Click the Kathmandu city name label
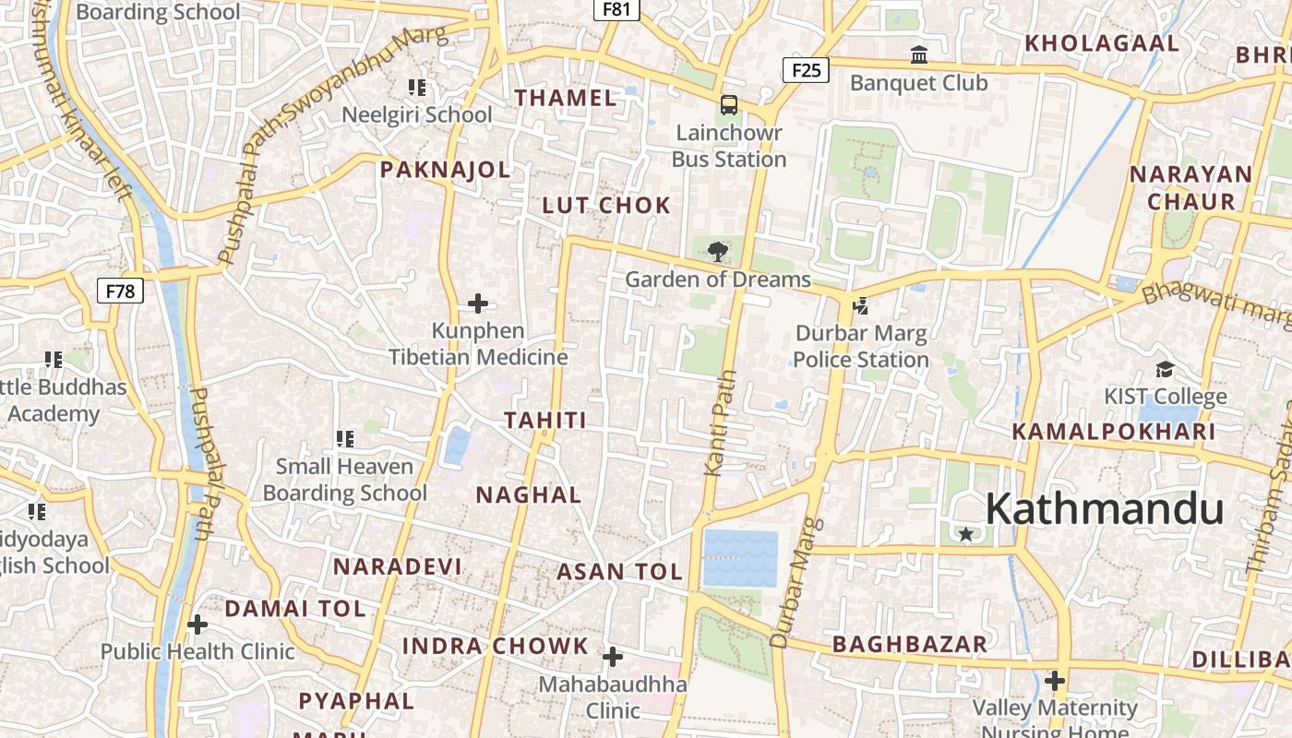(x=1104, y=509)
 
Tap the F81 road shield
(x=616, y=9)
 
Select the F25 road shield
(x=806, y=69)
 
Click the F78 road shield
(x=120, y=292)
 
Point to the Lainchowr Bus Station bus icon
(x=729, y=104)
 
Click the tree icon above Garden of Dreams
(x=717, y=251)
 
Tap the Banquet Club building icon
(x=918, y=55)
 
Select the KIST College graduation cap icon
(x=1165, y=370)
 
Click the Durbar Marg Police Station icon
(x=861, y=305)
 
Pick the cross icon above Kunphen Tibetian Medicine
(x=478, y=303)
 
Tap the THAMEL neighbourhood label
(x=565, y=98)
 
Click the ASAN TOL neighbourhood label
(x=619, y=572)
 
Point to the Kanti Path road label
(x=720, y=423)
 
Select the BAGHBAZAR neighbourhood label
(x=909, y=644)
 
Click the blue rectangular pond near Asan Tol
(x=740, y=558)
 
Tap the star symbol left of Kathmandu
(x=965, y=533)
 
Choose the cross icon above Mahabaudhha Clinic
(x=613, y=657)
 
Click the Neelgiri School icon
(x=417, y=88)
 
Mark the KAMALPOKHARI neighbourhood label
(x=1113, y=432)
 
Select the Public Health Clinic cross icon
(x=197, y=625)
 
